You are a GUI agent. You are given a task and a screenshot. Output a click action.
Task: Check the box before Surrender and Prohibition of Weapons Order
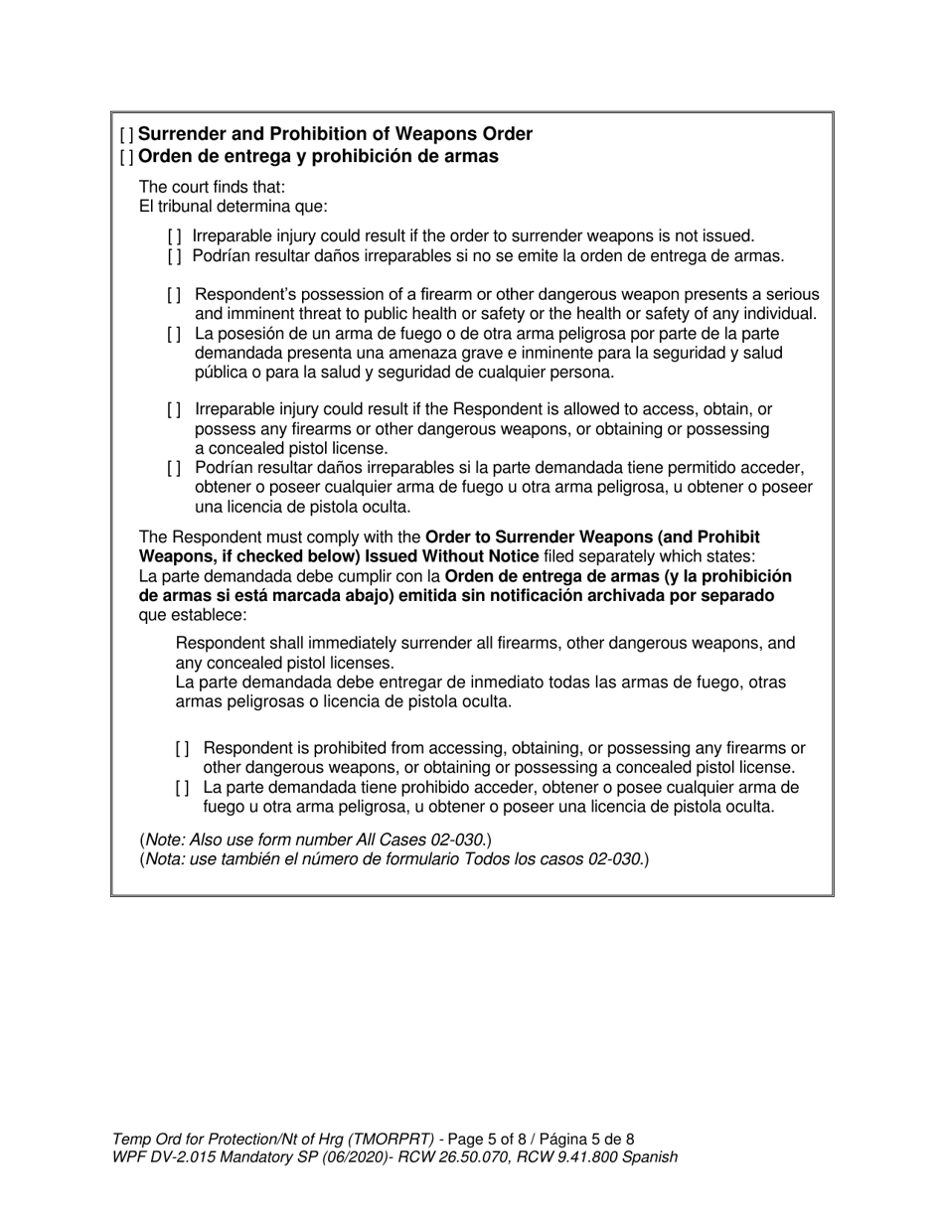click(126, 134)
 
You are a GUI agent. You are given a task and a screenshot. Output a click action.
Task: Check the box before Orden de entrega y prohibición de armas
click(126, 157)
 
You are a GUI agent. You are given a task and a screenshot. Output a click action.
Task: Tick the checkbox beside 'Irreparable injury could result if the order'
click(175, 236)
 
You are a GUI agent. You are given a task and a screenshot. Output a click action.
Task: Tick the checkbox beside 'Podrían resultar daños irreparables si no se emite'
click(175, 256)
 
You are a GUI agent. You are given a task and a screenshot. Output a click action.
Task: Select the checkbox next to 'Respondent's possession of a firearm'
click(175, 295)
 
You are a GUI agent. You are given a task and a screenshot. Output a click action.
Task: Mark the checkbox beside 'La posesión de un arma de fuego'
click(175, 334)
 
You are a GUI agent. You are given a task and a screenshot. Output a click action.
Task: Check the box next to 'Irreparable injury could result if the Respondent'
click(175, 409)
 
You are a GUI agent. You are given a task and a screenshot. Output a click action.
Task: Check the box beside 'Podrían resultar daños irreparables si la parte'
click(175, 468)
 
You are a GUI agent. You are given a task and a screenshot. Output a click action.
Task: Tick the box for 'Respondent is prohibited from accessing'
click(183, 748)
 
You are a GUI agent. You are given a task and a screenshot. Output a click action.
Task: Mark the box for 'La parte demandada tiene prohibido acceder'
click(183, 788)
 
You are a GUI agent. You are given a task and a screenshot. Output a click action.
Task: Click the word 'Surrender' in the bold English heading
click(180, 134)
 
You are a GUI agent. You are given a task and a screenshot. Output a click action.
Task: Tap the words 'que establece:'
click(193, 615)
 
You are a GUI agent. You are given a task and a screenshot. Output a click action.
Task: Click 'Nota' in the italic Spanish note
click(166, 859)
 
